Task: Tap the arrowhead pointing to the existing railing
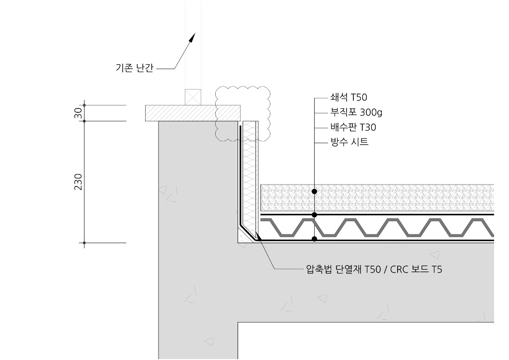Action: (192, 37)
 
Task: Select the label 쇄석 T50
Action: (348, 97)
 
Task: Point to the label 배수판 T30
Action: (353, 127)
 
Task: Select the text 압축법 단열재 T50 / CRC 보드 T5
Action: (374, 270)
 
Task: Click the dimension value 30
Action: (78, 113)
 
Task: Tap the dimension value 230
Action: (78, 182)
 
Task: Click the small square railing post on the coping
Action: (192, 97)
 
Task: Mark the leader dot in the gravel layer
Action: (315, 191)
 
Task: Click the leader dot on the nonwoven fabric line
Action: (315, 214)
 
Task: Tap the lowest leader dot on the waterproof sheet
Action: (315, 239)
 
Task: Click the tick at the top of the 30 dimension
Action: (85, 105)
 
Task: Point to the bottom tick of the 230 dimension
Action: (85, 243)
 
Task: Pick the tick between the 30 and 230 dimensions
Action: (85, 121)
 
